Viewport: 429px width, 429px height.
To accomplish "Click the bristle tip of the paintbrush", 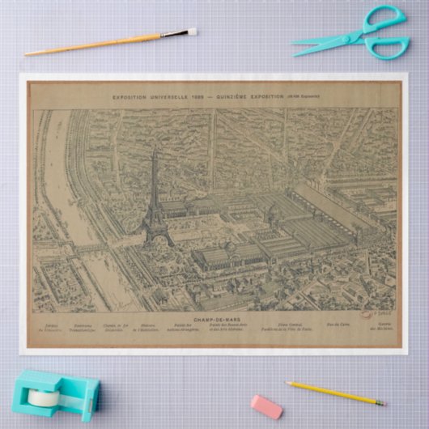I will [x=192, y=32].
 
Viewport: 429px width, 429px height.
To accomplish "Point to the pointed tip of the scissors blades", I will [x=295, y=54].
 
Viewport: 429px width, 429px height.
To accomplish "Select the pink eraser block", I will [x=266, y=406].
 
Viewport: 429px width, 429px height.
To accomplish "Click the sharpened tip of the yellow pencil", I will [x=383, y=401].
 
